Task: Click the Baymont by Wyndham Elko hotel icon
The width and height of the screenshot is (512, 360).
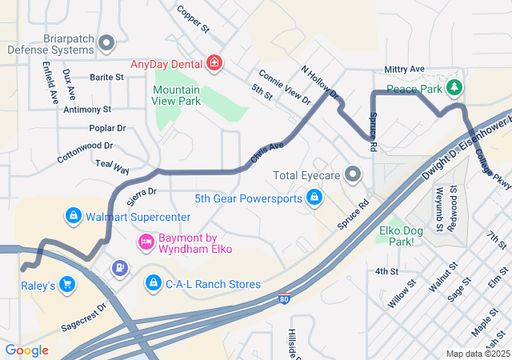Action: point(146,240)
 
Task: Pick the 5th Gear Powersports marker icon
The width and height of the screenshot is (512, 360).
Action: point(314,198)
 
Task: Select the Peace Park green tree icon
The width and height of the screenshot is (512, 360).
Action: point(454,86)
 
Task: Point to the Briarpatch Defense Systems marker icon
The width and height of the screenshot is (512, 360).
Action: point(106,43)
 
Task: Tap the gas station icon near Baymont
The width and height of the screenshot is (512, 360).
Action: point(119,268)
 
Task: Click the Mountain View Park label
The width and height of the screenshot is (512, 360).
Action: point(176,96)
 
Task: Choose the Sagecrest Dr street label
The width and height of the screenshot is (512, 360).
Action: point(84,317)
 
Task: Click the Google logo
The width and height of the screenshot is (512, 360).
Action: point(26,350)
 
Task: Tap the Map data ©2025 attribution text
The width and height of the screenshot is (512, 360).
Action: point(476,354)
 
